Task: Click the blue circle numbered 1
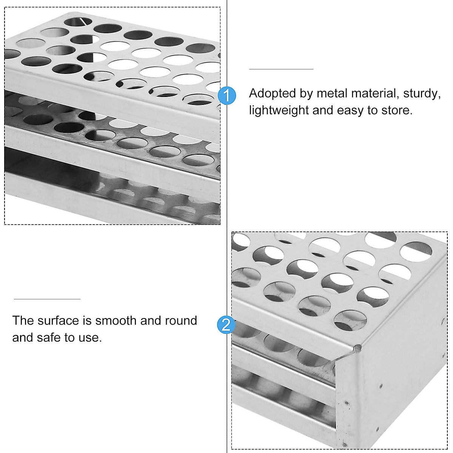pos(227,95)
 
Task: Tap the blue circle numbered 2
pos(226,325)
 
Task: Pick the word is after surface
pos(87,320)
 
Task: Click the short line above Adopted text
pos(281,69)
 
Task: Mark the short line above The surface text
pos(47,299)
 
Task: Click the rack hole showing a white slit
pos(79,21)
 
